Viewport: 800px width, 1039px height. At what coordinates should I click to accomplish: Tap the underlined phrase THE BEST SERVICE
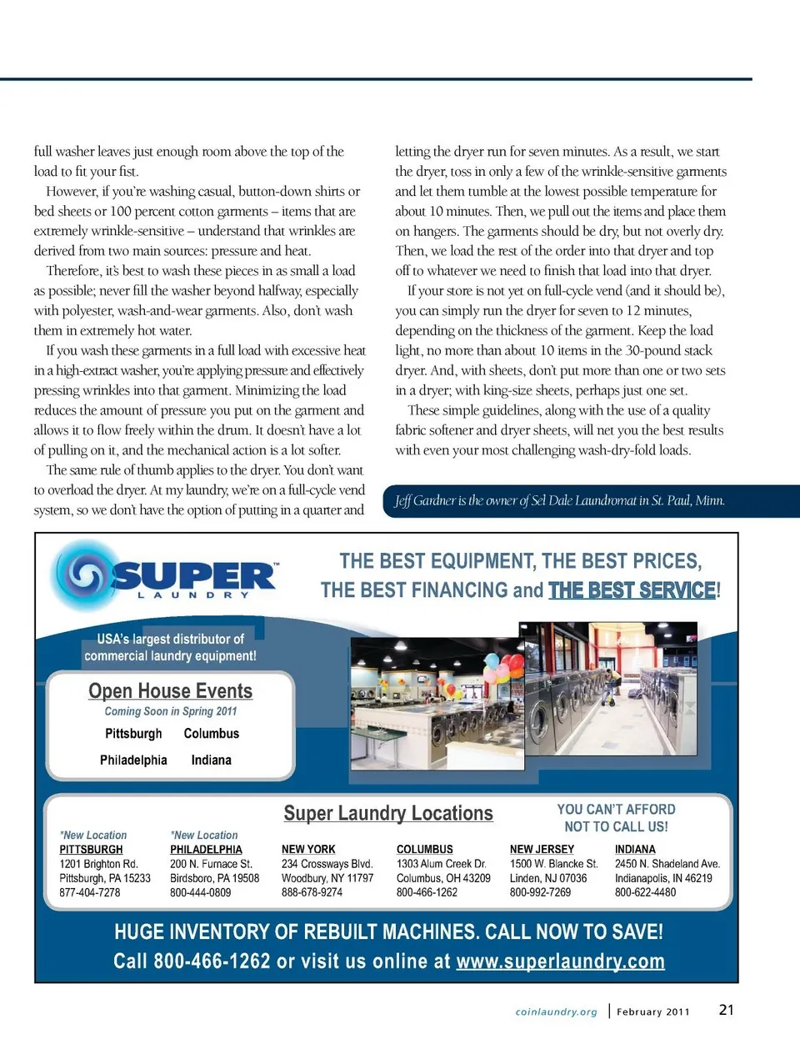point(632,590)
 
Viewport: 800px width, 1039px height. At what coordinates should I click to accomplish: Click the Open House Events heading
point(170,691)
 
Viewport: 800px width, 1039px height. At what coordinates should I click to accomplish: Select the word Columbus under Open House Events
point(211,734)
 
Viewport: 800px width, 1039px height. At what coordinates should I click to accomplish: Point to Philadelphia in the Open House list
point(133,760)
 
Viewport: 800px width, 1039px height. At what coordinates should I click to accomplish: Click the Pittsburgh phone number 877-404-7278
point(90,892)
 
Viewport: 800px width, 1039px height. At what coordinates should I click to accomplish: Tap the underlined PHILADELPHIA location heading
point(206,850)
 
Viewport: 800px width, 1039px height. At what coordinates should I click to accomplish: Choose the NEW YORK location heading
point(308,850)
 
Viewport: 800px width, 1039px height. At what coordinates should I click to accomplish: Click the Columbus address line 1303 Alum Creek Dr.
point(442,864)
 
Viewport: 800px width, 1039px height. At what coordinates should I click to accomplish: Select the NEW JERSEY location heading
point(542,850)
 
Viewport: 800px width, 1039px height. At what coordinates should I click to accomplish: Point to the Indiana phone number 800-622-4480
point(645,892)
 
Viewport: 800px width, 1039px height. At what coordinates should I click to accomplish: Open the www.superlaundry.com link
point(560,961)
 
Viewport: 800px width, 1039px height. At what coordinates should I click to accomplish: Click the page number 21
point(727,1010)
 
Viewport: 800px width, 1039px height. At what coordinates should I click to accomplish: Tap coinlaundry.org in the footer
point(556,1012)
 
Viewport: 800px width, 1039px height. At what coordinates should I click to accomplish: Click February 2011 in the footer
point(653,1012)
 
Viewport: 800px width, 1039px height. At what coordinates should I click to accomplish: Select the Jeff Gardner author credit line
point(559,501)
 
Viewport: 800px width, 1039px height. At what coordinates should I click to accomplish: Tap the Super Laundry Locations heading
point(388,813)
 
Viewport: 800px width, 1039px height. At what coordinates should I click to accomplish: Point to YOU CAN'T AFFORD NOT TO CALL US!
point(616,818)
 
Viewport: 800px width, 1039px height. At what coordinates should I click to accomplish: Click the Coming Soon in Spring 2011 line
point(171,711)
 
